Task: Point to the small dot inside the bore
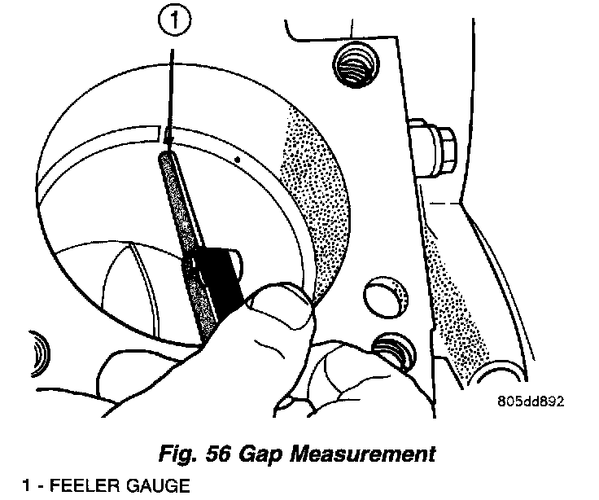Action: [237, 159]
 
